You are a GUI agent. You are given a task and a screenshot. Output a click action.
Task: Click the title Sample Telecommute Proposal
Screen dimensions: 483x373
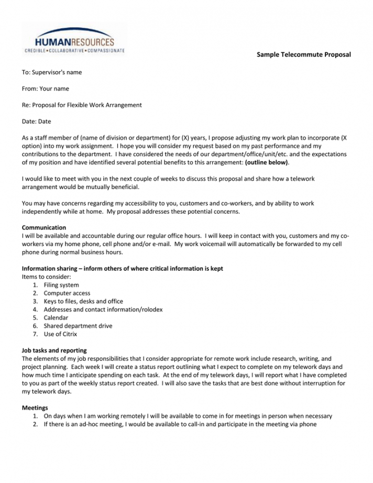pos(303,54)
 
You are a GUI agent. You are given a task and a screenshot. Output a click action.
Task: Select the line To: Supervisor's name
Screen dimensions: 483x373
pos(52,72)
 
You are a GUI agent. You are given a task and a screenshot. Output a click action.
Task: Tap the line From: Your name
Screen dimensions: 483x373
pos(46,89)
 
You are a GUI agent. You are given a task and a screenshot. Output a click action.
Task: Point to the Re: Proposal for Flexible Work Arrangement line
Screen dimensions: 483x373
pos(82,105)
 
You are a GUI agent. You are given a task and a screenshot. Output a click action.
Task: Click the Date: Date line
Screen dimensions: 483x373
pos(37,121)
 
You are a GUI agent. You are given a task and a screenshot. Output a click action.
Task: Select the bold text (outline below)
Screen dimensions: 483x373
pos(266,162)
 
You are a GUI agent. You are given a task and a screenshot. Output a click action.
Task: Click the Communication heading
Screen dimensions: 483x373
pos(44,228)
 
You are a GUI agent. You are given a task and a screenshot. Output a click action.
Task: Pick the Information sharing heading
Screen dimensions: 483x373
pos(122,269)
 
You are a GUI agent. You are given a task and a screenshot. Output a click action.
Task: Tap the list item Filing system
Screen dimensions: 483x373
pos(61,285)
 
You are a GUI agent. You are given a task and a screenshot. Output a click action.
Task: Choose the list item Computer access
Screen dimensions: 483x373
pos(67,293)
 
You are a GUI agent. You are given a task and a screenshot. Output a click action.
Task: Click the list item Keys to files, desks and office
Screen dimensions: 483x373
pos(83,301)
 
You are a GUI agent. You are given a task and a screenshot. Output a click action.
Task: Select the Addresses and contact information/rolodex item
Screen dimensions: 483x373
pos(103,310)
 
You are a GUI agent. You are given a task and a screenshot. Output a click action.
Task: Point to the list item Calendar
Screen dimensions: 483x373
pos(56,317)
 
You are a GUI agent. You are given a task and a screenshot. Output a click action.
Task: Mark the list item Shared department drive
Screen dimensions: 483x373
pos(78,326)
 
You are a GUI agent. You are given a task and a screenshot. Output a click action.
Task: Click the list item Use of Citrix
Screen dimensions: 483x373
pos(61,334)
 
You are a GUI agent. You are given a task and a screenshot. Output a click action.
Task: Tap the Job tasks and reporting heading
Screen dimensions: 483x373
pos(54,350)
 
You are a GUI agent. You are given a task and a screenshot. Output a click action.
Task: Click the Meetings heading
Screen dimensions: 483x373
pos(35,408)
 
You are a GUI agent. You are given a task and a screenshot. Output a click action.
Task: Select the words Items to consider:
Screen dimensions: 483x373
pos(46,277)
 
